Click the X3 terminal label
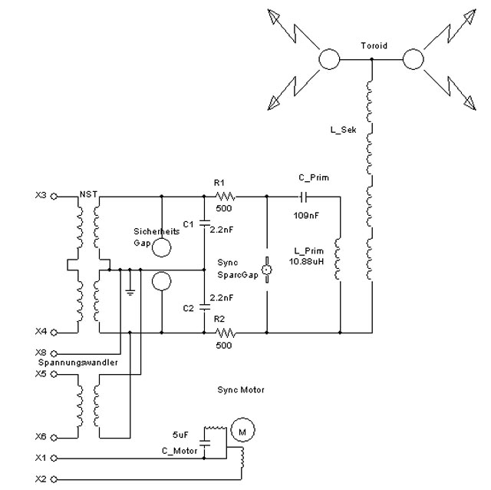pyautogui.click(x=40, y=195)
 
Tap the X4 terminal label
pyautogui.click(x=40, y=332)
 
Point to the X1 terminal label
pyautogui.click(x=40, y=459)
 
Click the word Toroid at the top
pyautogui.click(x=374, y=46)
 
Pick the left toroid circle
pyautogui.click(x=330, y=59)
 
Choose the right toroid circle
pyautogui.click(x=414, y=59)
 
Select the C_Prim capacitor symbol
pyautogui.click(x=303, y=196)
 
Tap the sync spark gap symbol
pyautogui.click(x=266, y=270)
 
